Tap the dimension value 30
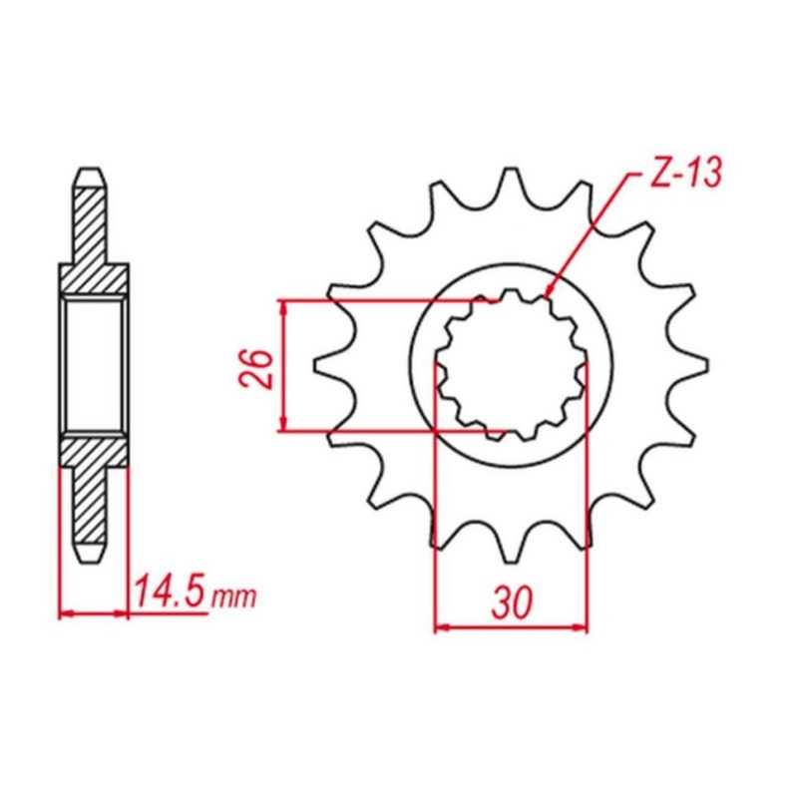(x=512, y=602)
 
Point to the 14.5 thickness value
(x=171, y=592)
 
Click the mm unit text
(x=233, y=598)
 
